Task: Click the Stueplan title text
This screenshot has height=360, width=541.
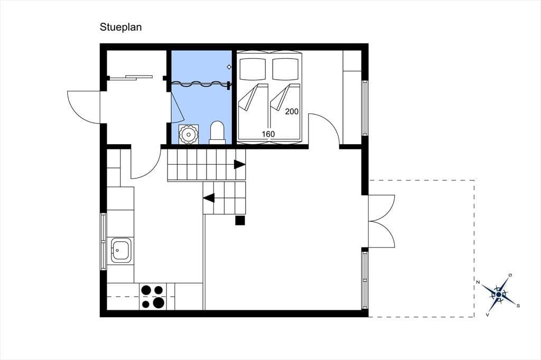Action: coord(121,27)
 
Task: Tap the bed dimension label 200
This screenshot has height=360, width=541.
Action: coord(292,111)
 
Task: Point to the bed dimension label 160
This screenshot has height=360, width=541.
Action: coord(268,134)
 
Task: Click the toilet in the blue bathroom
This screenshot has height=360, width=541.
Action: coord(217,132)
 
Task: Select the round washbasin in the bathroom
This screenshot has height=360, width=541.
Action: coord(189,134)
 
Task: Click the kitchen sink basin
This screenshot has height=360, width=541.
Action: coord(120,250)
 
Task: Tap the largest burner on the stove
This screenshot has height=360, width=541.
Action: coord(158,302)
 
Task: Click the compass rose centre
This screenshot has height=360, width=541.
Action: coord(499,295)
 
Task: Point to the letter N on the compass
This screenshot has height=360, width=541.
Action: coord(478,282)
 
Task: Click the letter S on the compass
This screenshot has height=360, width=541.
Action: coord(518,306)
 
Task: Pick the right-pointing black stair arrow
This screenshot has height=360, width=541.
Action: coord(239,165)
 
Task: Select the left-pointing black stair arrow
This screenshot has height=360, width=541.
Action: coord(209,198)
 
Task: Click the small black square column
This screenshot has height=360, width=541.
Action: coord(240,220)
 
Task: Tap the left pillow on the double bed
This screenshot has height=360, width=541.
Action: coord(253,69)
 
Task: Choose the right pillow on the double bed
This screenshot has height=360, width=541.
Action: coord(285,69)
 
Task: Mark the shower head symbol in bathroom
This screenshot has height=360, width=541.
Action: coord(229,67)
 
